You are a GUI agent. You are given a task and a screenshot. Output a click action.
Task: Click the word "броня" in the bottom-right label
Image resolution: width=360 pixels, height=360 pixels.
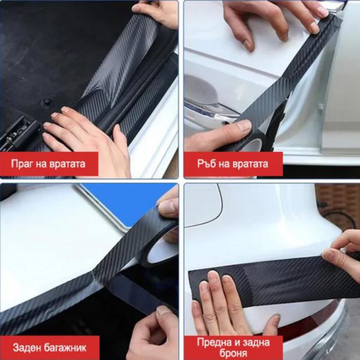pyautogui.click(x=233, y=353)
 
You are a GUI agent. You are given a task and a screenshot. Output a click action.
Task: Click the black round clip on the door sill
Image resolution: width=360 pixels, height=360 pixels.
pyautogui.click(x=47, y=102)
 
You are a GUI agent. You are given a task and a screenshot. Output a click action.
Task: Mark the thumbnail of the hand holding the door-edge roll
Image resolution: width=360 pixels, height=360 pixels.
pyautogui.click(x=244, y=125)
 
